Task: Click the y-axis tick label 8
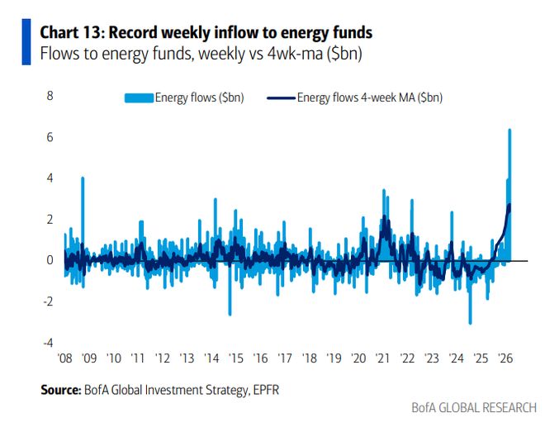50,97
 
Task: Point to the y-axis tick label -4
48,343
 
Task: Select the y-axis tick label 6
50,137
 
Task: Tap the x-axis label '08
64,360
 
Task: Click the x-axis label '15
236,360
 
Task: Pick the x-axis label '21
383,360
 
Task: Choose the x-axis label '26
505,360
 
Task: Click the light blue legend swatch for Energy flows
139,98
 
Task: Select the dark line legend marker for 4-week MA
281,98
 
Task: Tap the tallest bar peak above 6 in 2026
509,130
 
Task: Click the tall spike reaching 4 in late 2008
83,179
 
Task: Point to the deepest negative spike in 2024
470,322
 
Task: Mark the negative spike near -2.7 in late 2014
230,314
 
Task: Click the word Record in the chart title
130,33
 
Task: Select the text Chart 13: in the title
73,33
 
